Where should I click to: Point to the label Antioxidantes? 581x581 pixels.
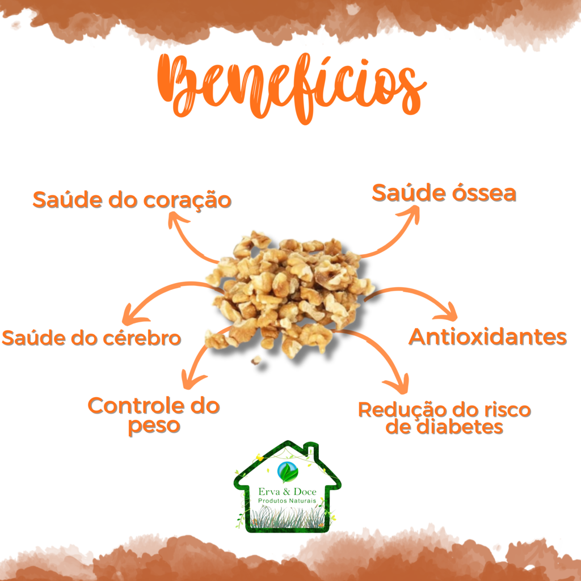[x=487, y=337]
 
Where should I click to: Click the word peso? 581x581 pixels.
[x=154, y=426]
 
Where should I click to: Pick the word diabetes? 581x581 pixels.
[x=460, y=427]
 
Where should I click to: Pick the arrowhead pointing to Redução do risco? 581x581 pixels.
[x=400, y=384]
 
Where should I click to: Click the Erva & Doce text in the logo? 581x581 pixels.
[x=288, y=492]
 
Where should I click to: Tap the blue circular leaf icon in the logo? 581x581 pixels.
[x=288, y=471]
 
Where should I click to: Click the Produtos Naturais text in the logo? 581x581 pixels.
[x=287, y=501]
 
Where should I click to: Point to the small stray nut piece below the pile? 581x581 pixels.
[x=256, y=360]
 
